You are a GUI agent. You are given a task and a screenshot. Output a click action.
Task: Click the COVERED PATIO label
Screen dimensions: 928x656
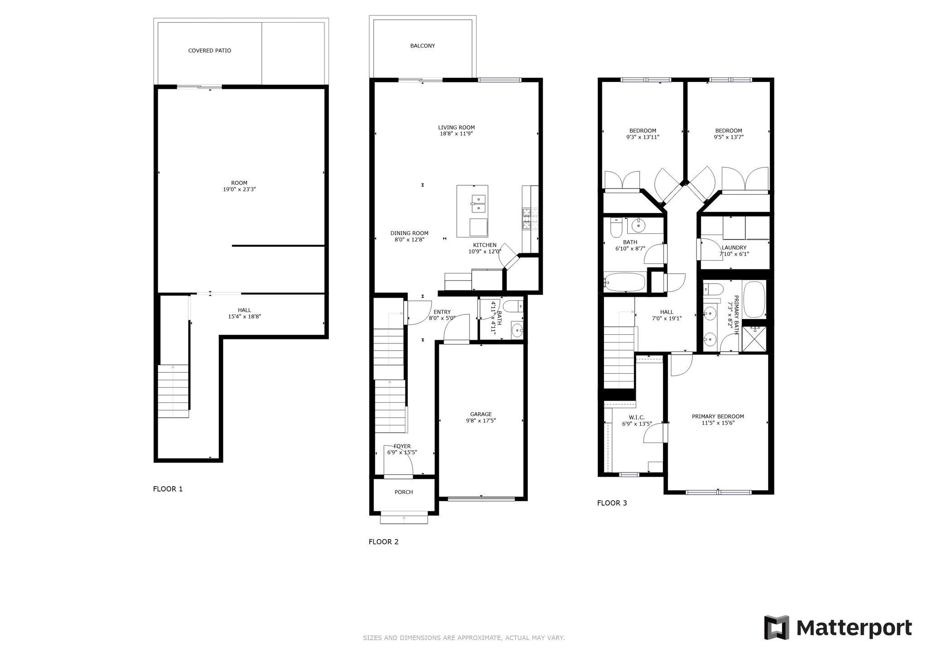point(209,51)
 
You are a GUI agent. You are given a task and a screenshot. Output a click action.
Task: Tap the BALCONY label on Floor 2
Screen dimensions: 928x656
point(422,46)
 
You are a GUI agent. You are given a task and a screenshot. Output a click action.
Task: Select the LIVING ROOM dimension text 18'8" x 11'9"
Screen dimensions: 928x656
point(456,134)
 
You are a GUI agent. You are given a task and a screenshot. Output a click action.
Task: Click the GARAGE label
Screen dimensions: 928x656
point(481,414)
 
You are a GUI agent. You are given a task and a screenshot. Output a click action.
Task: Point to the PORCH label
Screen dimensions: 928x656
point(404,492)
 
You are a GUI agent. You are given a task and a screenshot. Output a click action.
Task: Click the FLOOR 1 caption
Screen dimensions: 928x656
point(168,489)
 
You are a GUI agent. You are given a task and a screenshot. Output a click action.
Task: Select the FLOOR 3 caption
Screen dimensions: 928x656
point(612,503)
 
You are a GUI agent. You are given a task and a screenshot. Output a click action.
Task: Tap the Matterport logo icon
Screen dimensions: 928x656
point(777,627)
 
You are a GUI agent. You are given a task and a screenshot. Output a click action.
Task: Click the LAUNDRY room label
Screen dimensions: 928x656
point(734,248)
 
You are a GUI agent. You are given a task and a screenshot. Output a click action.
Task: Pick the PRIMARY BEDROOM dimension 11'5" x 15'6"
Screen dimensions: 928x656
point(718,423)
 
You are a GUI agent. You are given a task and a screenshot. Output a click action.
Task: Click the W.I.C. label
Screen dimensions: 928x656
point(637,418)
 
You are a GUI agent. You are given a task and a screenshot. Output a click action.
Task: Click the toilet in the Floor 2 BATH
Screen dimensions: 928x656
point(513,306)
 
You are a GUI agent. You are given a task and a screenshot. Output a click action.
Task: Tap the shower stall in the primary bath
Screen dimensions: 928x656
point(754,339)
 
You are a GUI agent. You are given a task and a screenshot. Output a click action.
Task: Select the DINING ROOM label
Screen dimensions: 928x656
point(409,233)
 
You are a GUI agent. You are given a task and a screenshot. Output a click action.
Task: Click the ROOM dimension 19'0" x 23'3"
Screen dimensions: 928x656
point(239,189)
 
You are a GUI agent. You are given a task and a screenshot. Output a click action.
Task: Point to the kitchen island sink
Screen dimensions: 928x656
point(478,203)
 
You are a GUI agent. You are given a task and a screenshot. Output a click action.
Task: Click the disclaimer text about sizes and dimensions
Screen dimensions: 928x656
point(464,638)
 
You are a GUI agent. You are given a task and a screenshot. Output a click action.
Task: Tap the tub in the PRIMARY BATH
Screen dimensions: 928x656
point(754,299)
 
